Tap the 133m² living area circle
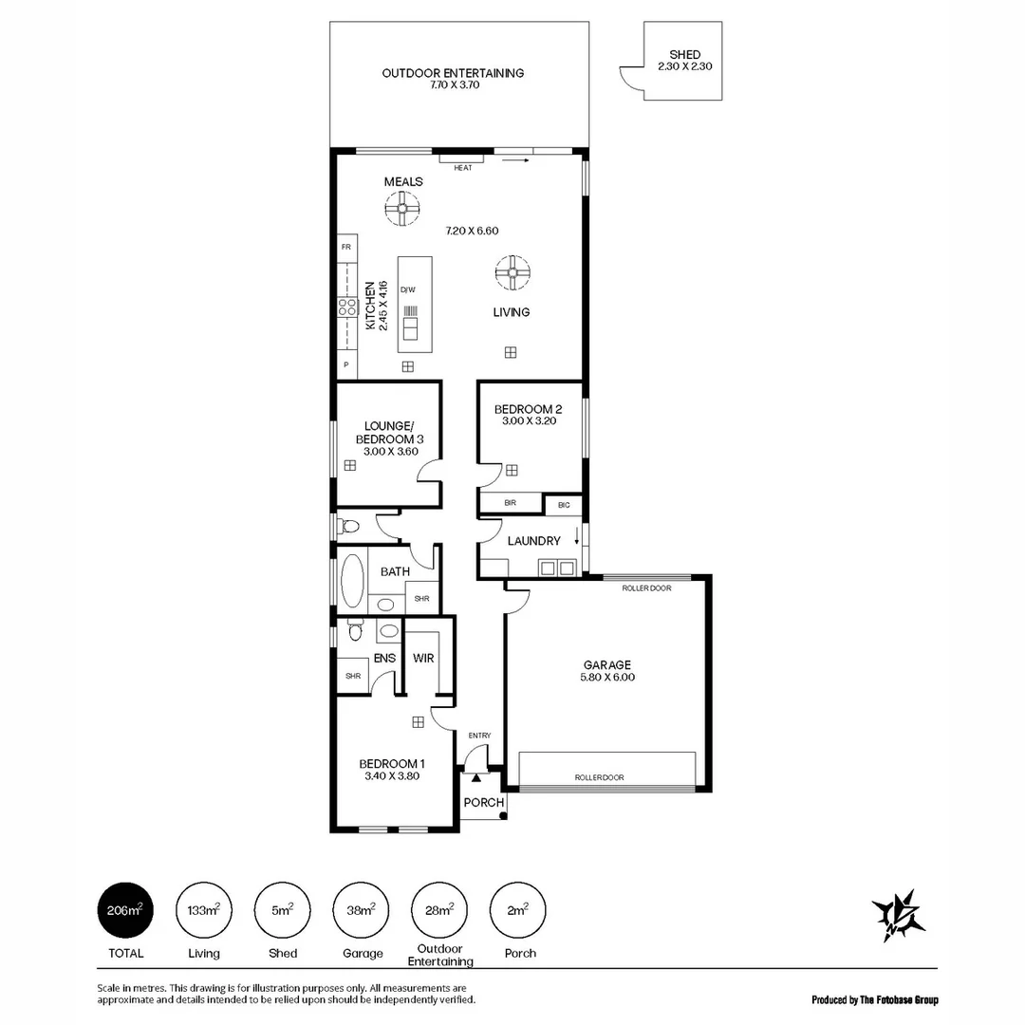pos(204,911)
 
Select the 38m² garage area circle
pos(362,911)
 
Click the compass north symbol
pos(898,915)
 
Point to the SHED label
pos(684,55)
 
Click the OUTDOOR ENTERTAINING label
pos(453,73)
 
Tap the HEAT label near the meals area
pos(462,168)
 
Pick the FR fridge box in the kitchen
pos(345,246)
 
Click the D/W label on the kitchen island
pos(407,289)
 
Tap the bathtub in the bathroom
pos(351,580)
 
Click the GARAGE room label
pos(606,665)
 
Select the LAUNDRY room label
pos(533,541)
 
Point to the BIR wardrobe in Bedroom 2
pos(511,503)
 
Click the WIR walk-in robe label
pos(423,658)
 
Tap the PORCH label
pos(483,803)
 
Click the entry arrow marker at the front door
pos(476,777)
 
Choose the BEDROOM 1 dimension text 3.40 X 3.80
pos(392,775)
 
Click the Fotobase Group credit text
pos(874,999)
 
